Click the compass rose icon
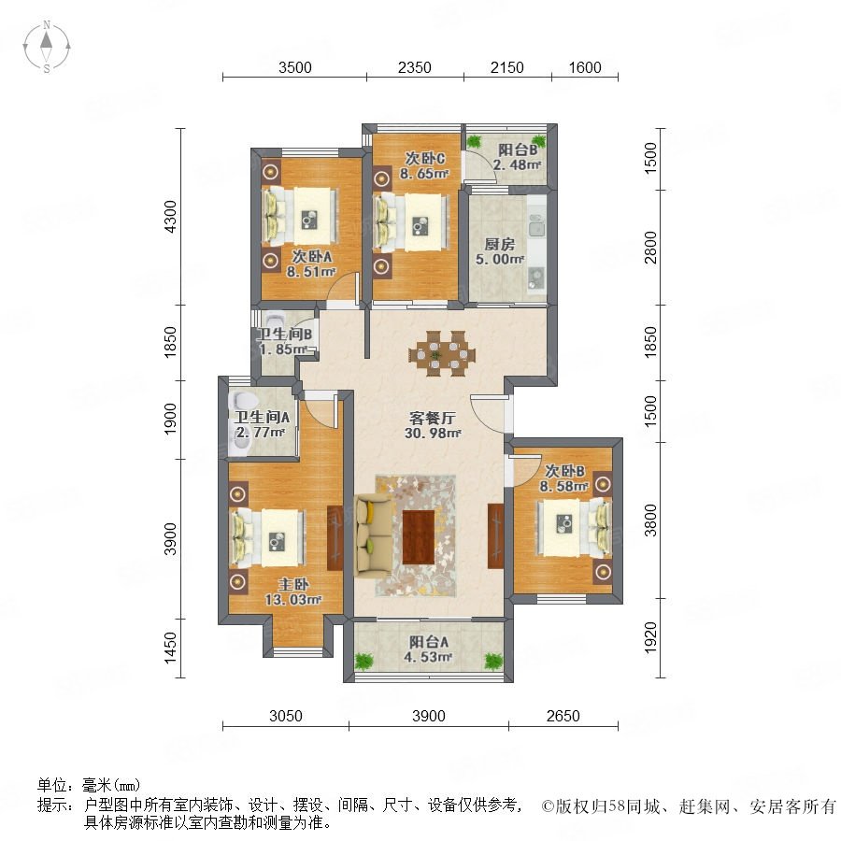tap(47, 47)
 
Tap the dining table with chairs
tap(441, 353)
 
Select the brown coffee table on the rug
tap(419, 537)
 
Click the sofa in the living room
tap(373, 535)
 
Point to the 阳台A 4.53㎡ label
tap(428, 649)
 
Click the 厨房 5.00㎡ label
tap(499, 251)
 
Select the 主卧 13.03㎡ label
tap(292, 592)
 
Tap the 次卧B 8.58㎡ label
tap(564, 478)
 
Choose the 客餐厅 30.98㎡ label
tap(433, 425)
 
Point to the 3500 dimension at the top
tap(295, 67)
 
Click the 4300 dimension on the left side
tap(170, 216)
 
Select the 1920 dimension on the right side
tap(650, 637)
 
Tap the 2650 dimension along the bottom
tap(563, 716)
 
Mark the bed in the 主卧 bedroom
tap(267, 537)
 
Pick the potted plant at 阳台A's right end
tap(493, 661)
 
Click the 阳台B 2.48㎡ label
tap(518, 157)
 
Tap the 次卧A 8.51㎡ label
tap(311, 264)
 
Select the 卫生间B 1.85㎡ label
tap(285, 342)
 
